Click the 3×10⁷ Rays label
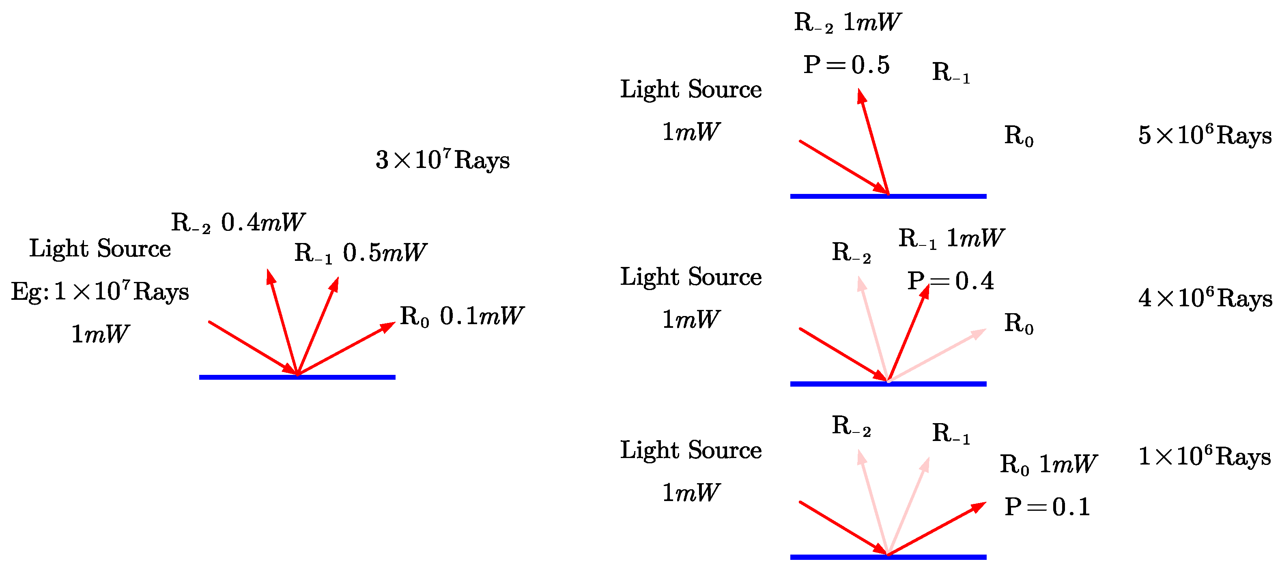tap(442, 160)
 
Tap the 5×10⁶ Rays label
tap(1204, 135)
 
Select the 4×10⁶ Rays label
tap(1205, 298)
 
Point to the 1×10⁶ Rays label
tap(1204, 456)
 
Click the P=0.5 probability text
tap(846, 65)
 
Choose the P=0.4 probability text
tap(950, 281)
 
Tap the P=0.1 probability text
tap(1047, 507)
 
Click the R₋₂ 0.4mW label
tap(237, 222)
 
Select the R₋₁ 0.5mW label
tap(360, 252)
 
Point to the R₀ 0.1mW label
tap(461, 316)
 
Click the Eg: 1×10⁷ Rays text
tap(100, 291)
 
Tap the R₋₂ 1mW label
tap(847, 22)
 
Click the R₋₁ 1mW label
tap(951, 238)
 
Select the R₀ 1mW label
tap(1048, 464)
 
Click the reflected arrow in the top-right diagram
tap(873, 142)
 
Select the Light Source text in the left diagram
tap(100, 248)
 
